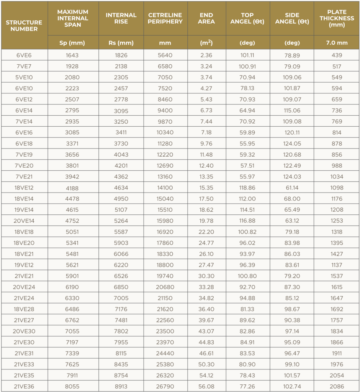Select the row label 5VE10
tap(24, 77)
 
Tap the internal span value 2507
tap(72, 100)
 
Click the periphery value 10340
tap(165, 132)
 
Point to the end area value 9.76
tap(206, 144)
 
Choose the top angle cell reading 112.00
tap(247, 199)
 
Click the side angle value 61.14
tap(292, 188)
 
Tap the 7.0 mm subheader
tap(337, 42)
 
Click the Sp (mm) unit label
tap(72, 42)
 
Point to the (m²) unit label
tap(206, 42)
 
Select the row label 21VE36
tap(24, 386)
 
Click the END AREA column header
tap(206, 18)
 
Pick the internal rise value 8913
tap(121, 386)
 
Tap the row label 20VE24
tap(24, 287)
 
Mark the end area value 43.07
tap(206, 331)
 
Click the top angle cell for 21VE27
tap(247, 320)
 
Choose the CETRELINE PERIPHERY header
tap(165, 18)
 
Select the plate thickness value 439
tap(337, 55)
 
